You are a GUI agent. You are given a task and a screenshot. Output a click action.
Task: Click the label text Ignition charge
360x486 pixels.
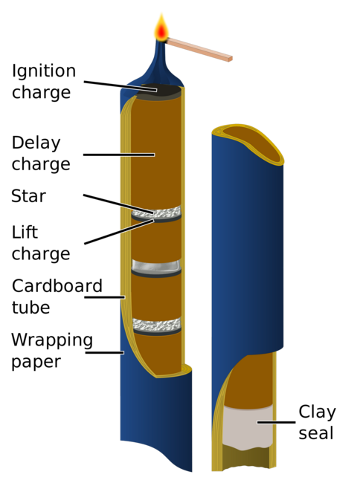pyautogui.click(x=43, y=82)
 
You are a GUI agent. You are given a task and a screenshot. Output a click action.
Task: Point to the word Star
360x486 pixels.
pyautogui.click(x=28, y=196)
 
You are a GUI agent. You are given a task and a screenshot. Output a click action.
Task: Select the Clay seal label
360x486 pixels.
pyautogui.click(x=327, y=422)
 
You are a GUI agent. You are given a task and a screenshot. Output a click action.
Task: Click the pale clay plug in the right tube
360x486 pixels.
pyautogui.click(x=247, y=427)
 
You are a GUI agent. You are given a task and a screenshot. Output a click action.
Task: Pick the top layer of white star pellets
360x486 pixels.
pyautogui.click(x=156, y=213)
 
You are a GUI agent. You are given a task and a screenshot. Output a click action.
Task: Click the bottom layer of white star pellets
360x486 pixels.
pyautogui.click(x=156, y=324)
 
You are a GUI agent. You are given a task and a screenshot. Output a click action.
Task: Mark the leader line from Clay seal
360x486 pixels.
pyautogui.click(x=276, y=422)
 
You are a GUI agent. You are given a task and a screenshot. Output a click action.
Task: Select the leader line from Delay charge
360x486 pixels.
pyautogui.click(x=119, y=155)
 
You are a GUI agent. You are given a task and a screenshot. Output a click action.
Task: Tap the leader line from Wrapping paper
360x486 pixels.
pyautogui.click(x=104, y=352)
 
